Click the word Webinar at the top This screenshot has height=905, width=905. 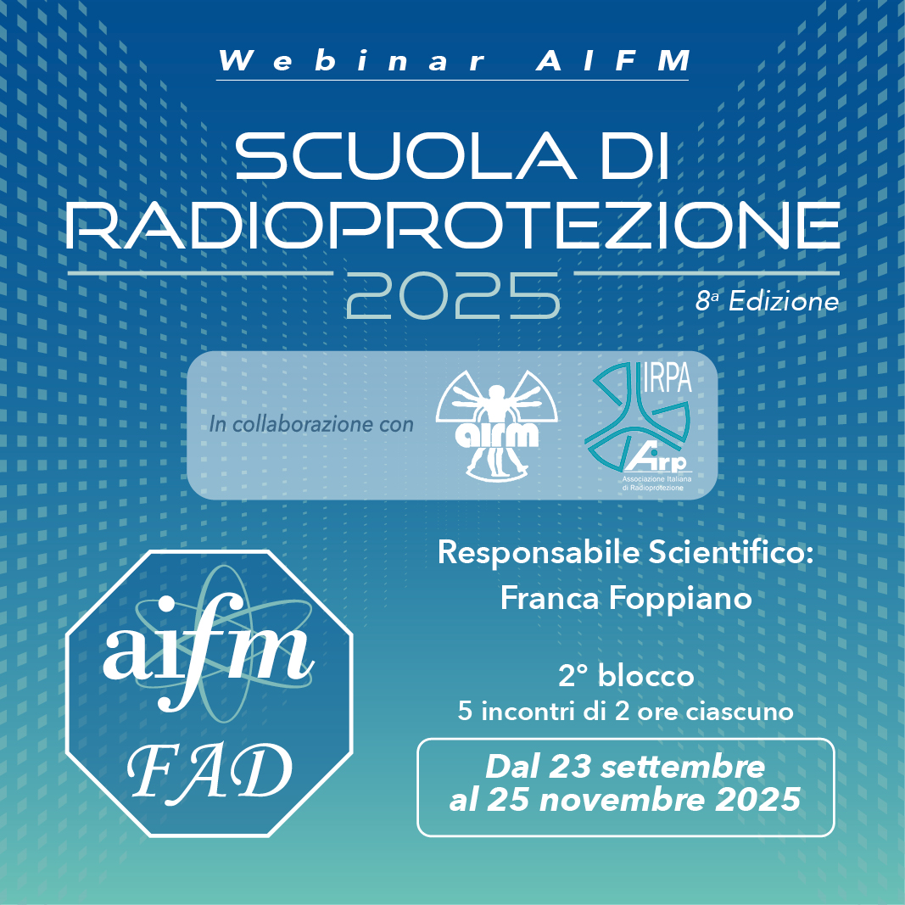[353, 60]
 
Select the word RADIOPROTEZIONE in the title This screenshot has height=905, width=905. [453, 225]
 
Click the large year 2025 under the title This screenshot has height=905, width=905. [453, 295]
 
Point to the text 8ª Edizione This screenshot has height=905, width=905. [767, 301]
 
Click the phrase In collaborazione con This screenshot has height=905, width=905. [311, 424]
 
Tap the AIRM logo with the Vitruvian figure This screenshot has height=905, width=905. [497, 424]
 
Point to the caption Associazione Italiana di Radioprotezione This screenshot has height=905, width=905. [656, 483]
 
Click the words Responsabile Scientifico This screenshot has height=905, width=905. [626, 552]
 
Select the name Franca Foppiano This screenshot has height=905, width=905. [626, 598]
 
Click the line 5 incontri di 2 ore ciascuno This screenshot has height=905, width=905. [626, 711]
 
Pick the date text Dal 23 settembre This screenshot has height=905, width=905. [626, 767]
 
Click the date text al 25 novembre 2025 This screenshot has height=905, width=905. [625, 800]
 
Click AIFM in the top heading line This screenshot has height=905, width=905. [613, 60]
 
